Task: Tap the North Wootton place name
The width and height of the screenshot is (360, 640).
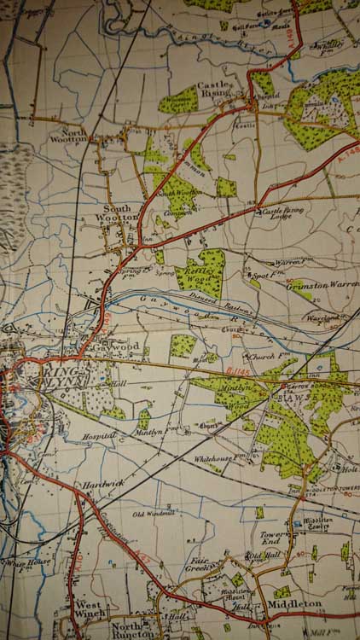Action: (x=68, y=135)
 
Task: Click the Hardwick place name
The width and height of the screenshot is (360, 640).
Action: (x=104, y=485)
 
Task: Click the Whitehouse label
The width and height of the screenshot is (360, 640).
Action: (x=215, y=458)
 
